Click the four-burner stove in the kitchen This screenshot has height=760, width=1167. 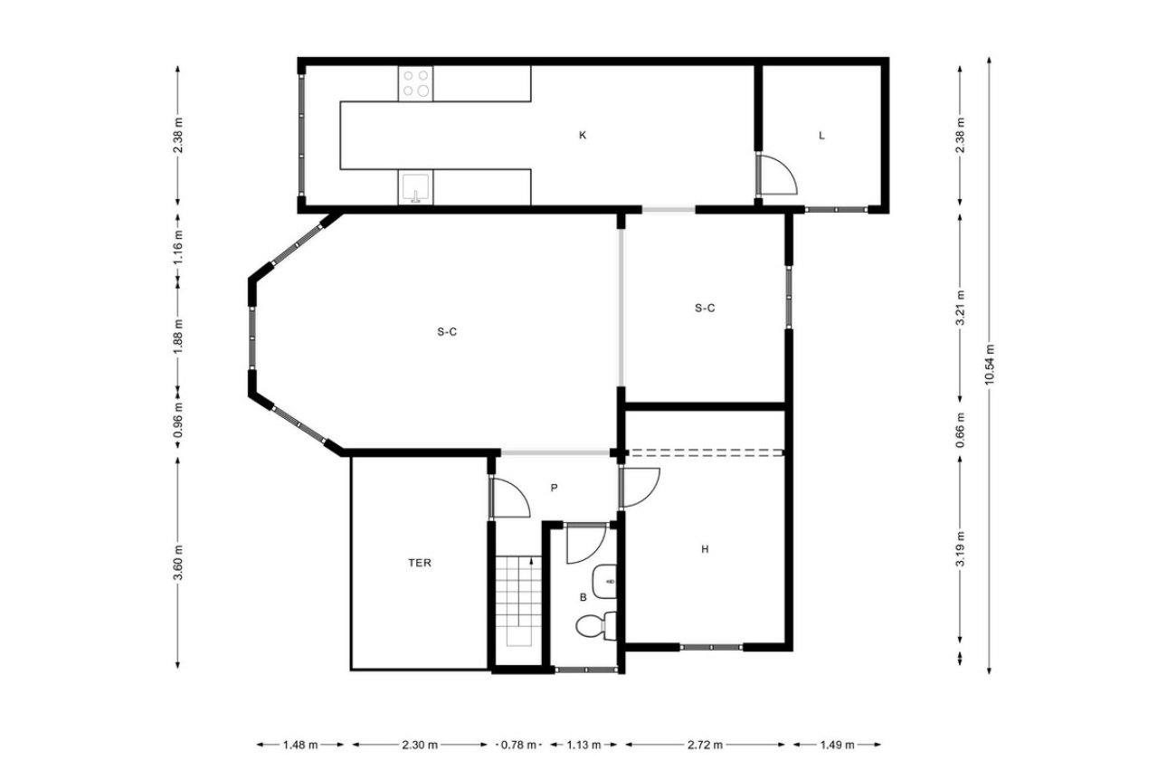416,83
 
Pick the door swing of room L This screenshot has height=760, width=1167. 776,175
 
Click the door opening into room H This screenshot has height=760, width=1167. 640,488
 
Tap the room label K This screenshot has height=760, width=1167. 583,136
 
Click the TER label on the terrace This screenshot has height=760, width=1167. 419,563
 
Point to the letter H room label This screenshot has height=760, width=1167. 704,548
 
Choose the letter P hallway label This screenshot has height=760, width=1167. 555,488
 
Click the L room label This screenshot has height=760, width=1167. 821,136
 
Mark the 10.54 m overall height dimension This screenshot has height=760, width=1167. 991,365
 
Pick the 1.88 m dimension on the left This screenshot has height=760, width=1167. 178,336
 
